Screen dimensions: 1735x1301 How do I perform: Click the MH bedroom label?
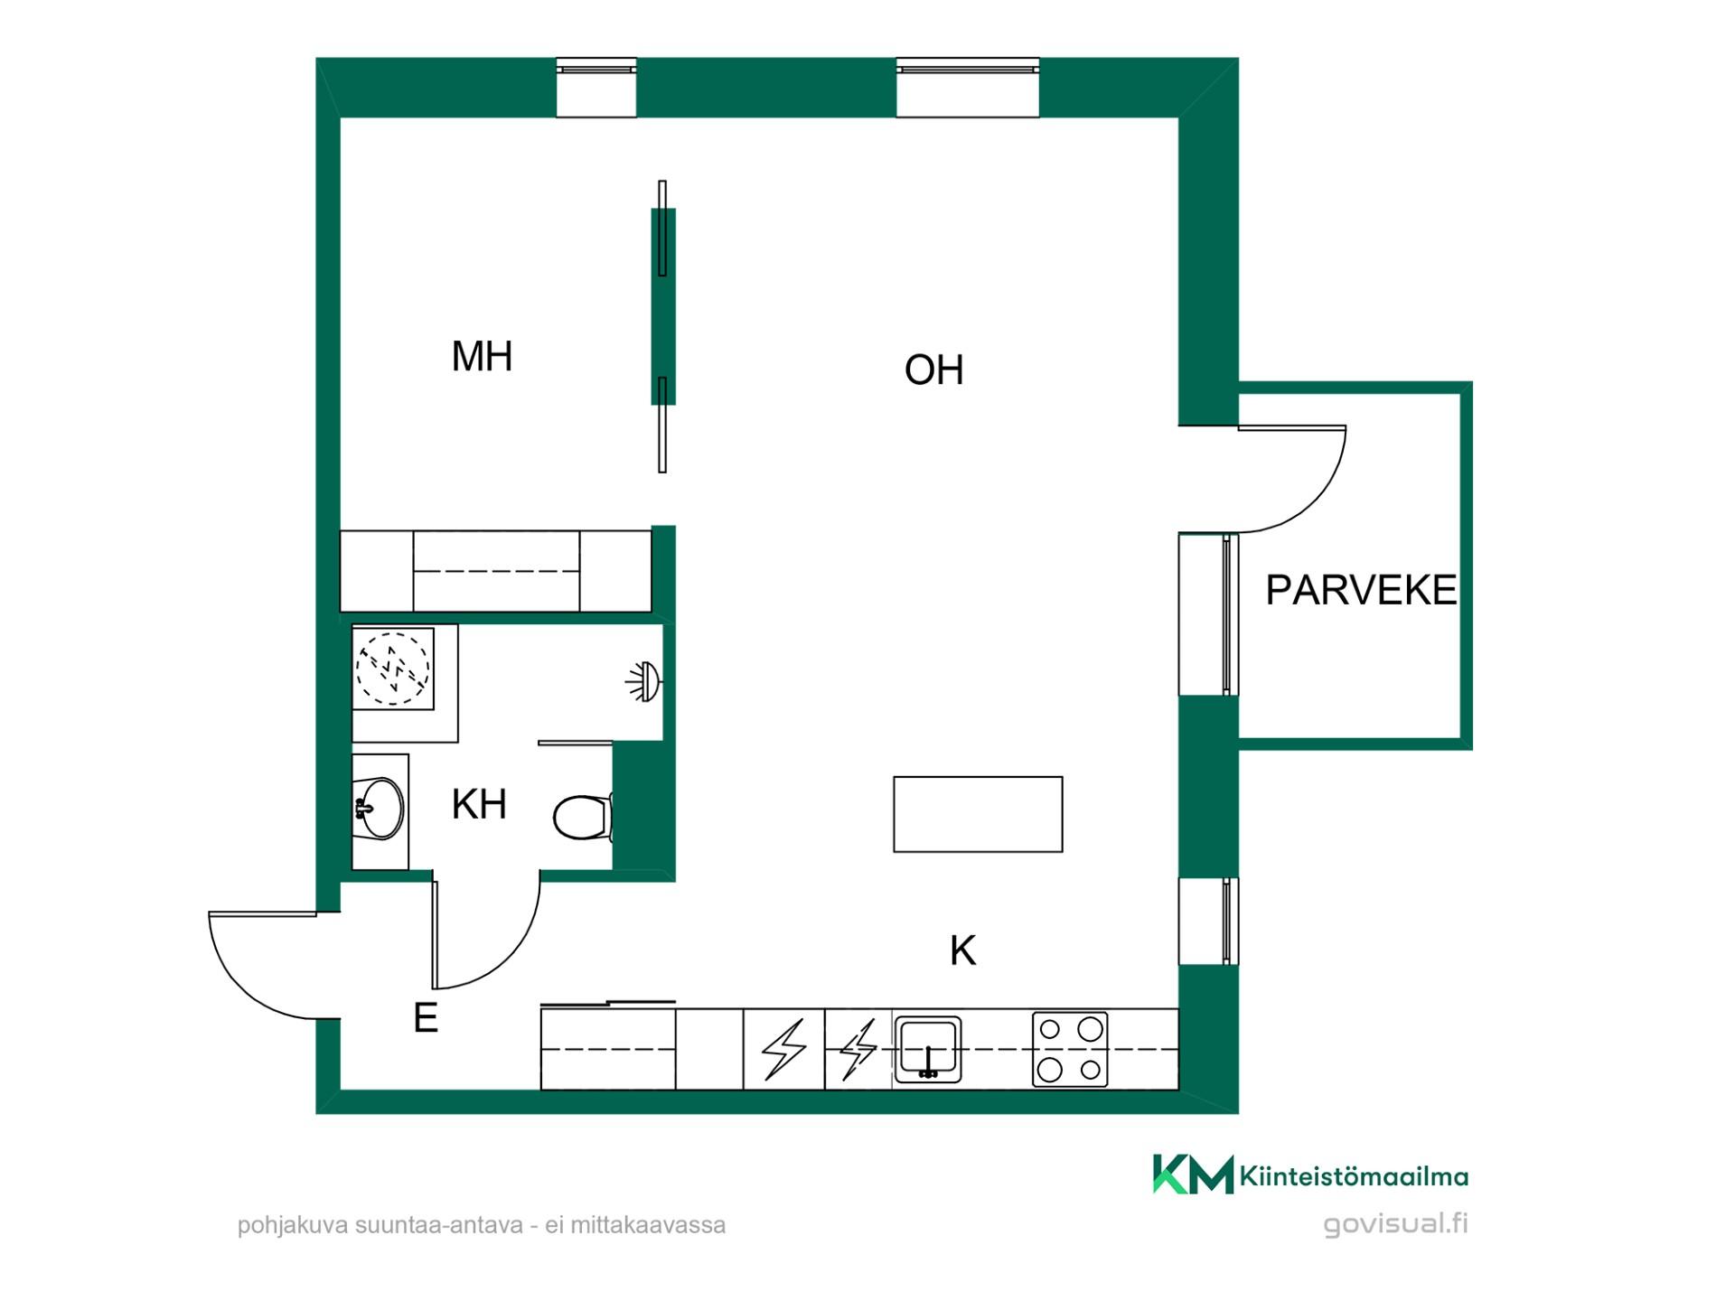[482, 356]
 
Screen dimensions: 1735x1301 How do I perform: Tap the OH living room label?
[933, 370]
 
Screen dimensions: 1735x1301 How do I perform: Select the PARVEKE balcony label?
[1361, 590]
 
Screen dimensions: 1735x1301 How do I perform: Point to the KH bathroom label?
[479, 804]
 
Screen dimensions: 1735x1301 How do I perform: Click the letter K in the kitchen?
[963, 950]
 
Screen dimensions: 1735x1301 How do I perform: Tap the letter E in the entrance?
[426, 1018]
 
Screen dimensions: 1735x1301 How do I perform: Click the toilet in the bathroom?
[584, 817]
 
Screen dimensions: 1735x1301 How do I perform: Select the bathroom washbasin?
[380, 808]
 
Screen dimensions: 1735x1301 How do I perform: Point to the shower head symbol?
[644, 682]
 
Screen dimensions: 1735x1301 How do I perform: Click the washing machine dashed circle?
[392, 669]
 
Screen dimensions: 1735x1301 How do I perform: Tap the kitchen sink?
[927, 1049]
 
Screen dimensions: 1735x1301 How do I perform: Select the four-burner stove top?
[1070, 1049]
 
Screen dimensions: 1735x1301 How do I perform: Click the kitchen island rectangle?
[978, 814]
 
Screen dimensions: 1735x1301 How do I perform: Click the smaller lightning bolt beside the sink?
[858, 1049]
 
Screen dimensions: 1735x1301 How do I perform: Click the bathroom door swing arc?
[510, 958]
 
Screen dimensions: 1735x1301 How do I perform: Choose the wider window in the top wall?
[968, 88]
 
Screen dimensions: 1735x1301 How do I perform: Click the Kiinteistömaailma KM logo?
[1310, 1175]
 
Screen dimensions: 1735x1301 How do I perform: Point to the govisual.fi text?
[1396, 1224]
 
